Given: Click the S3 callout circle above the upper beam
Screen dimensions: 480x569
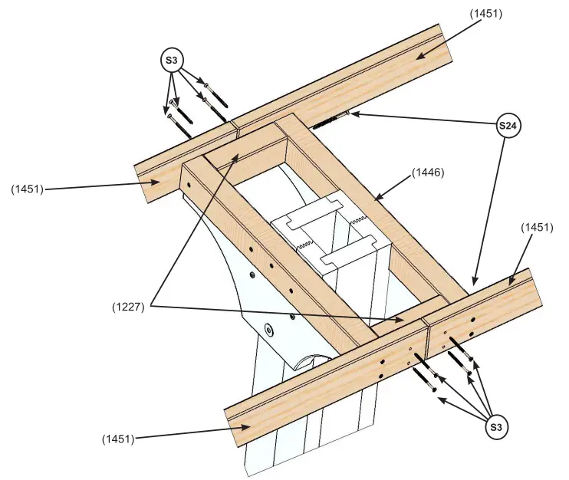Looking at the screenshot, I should coord(173,59).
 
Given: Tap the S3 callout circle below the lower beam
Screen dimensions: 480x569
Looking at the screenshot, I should coord(497,426).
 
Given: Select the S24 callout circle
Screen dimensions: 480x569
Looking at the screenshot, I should coord(510,125).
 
